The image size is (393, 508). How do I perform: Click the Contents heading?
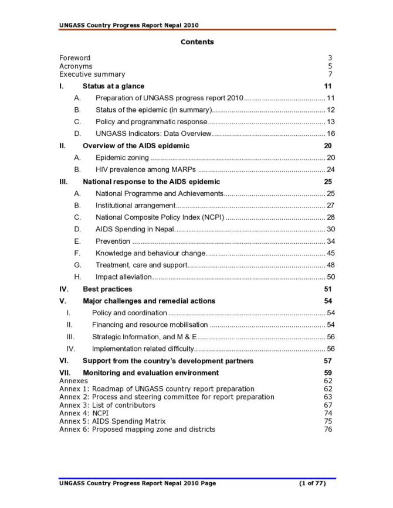click(197, 42)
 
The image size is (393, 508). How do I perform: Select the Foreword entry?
click(75, 58)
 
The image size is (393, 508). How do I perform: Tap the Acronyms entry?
click(76, 66)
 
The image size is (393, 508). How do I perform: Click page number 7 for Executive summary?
click(330, 74)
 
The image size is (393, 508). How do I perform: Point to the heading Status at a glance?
click(113, 86)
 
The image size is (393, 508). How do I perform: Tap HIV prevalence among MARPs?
click(145, 170)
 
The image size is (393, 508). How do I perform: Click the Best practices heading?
click(107, 289)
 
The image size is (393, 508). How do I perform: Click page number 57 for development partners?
click(328, 361)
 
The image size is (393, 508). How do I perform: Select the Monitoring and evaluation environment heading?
click(151, 373)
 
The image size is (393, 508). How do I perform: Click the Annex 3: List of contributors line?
click(107, 405)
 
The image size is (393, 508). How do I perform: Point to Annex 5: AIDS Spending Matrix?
click(113, 421)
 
